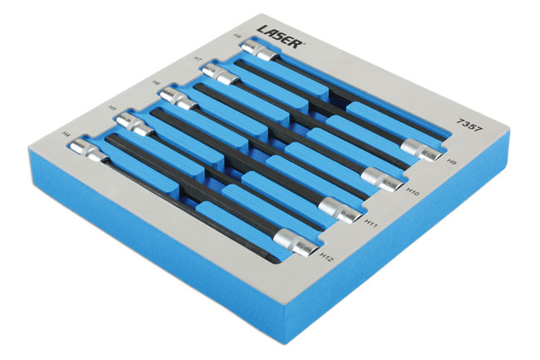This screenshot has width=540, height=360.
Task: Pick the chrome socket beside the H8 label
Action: pos(260,52)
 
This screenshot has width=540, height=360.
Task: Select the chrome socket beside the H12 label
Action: pos(297,243)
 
